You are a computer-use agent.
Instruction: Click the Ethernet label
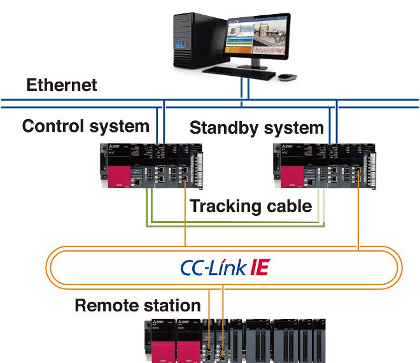point(61,85)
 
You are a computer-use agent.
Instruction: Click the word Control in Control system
point(52,126)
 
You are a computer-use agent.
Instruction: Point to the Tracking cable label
point(251,206)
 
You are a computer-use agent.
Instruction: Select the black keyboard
point(242,73)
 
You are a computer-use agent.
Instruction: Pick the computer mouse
point(288,76)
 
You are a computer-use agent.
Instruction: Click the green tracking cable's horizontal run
point(235,224)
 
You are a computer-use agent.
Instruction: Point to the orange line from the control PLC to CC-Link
point(185,217)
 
